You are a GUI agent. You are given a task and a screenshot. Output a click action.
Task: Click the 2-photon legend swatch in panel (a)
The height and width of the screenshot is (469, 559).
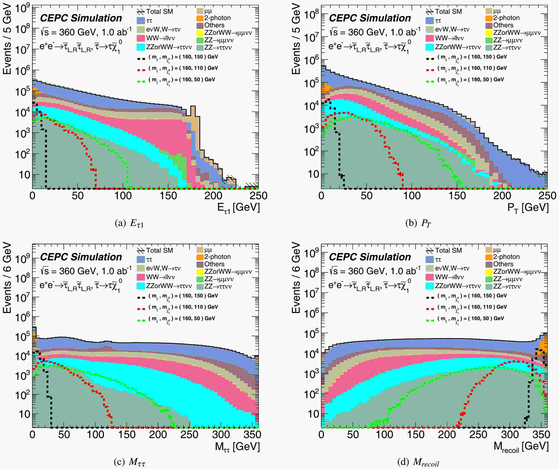(x=200, y=18)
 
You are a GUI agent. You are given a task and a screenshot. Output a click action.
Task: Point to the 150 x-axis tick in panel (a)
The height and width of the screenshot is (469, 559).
(x=168, y=196)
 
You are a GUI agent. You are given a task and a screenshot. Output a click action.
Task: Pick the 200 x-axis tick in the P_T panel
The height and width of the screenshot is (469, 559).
(x=502, y=196)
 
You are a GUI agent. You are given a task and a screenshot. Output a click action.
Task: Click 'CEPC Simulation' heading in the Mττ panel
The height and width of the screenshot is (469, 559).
(x=81, y=257)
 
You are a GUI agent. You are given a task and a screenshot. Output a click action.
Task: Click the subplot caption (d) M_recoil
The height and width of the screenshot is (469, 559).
(x=418, y=462)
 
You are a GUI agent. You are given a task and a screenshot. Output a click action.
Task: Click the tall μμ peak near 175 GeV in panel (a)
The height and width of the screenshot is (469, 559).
(x=193, y=113)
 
